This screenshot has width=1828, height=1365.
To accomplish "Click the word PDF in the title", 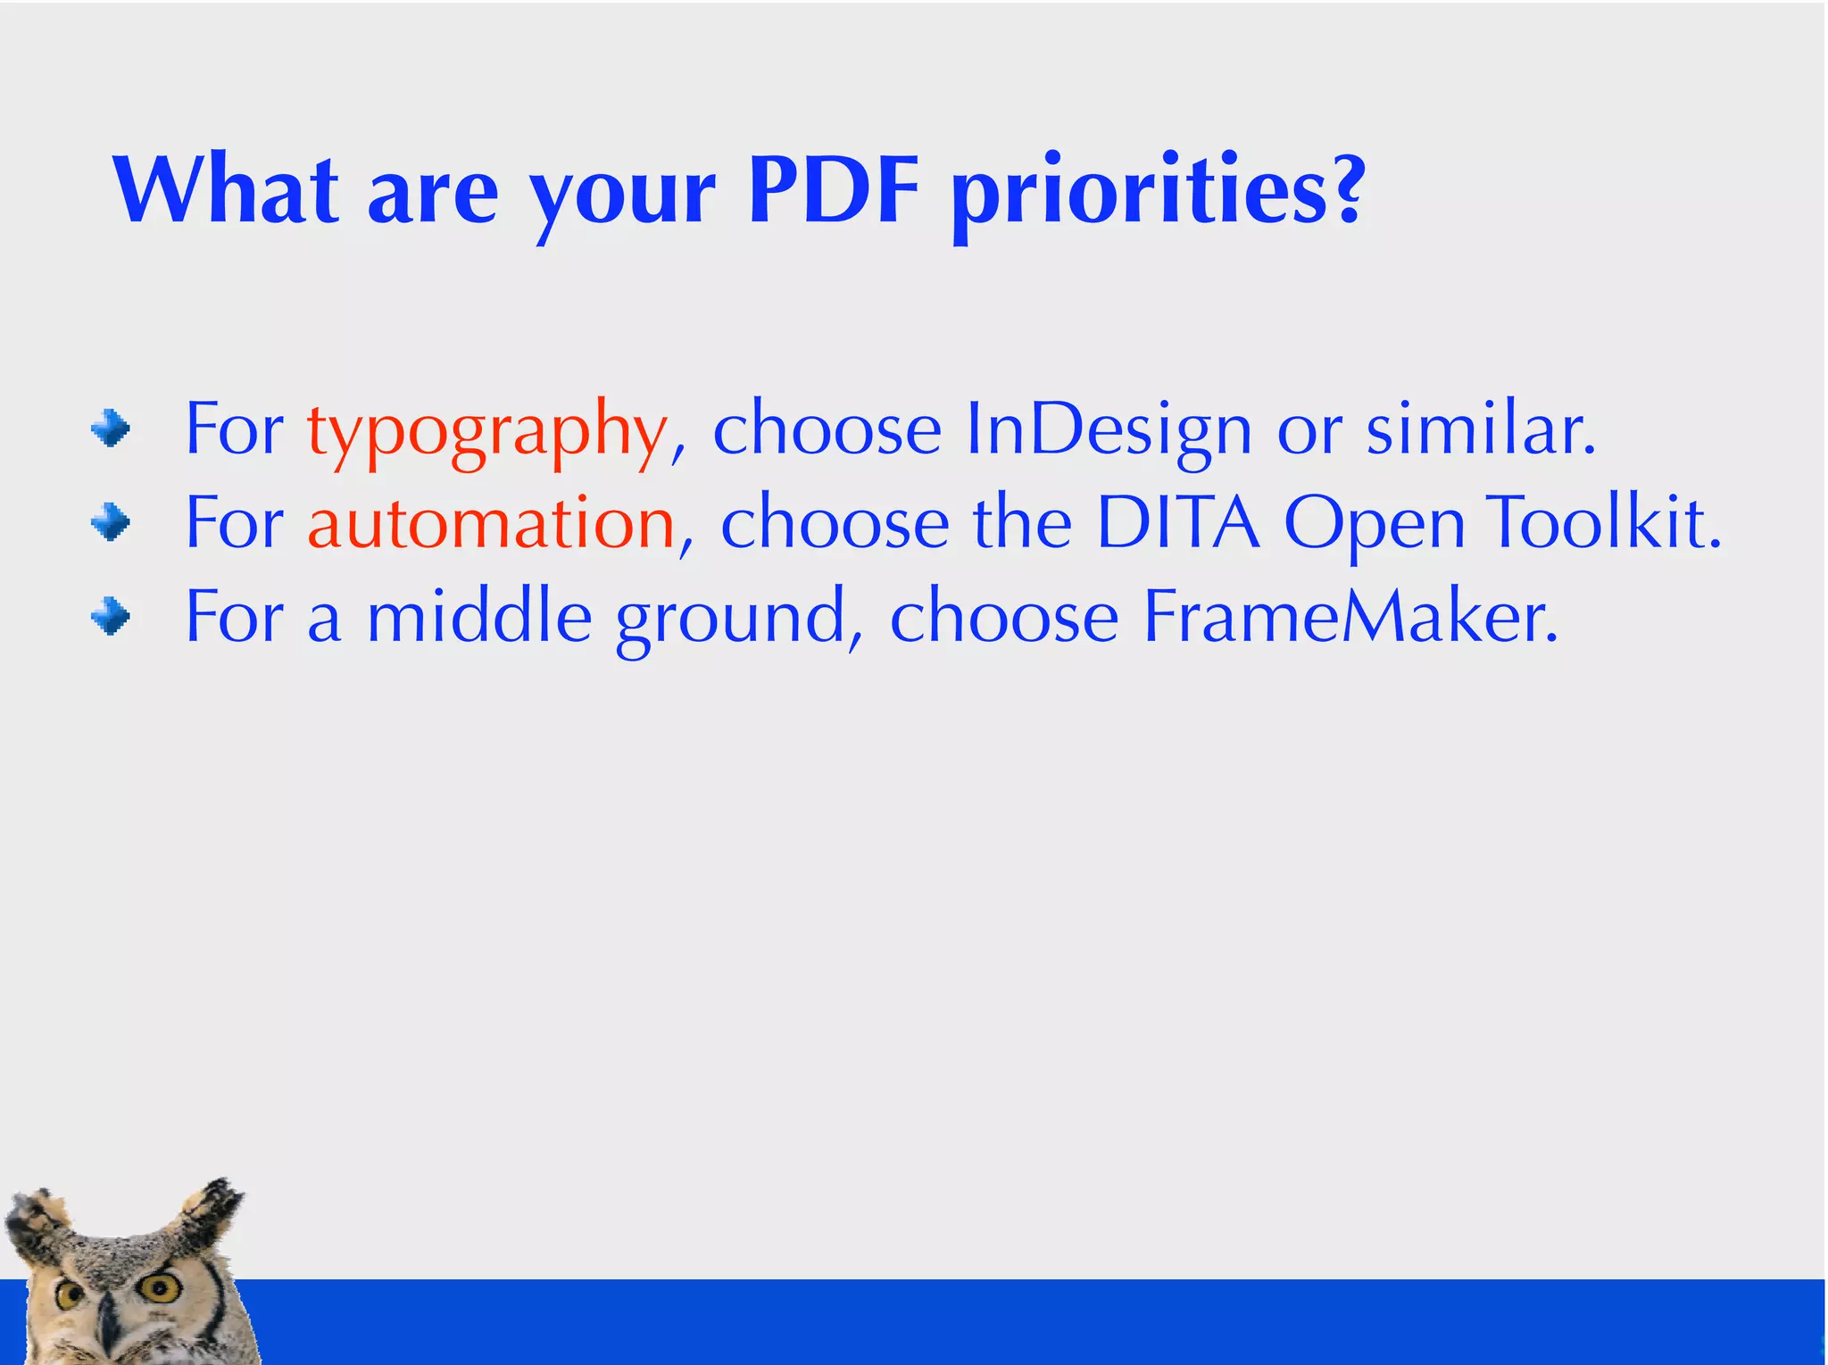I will (x=834, y=189).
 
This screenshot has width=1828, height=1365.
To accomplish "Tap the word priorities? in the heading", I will (x=1158, y=192).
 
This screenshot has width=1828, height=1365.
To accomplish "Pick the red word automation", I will (x=491, y=523).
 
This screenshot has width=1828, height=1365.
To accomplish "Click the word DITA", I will (x=1177, y=523).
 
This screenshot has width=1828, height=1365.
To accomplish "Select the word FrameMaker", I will (x=1350, y=617).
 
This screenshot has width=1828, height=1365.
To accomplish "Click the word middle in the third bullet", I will (x=479, y=617).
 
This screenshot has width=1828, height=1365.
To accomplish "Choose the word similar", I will (x=1480, y=430).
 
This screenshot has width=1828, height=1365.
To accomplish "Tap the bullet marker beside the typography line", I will (x=111, y=429).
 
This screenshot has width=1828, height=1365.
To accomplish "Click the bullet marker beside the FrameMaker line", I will (x=111, y=616).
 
